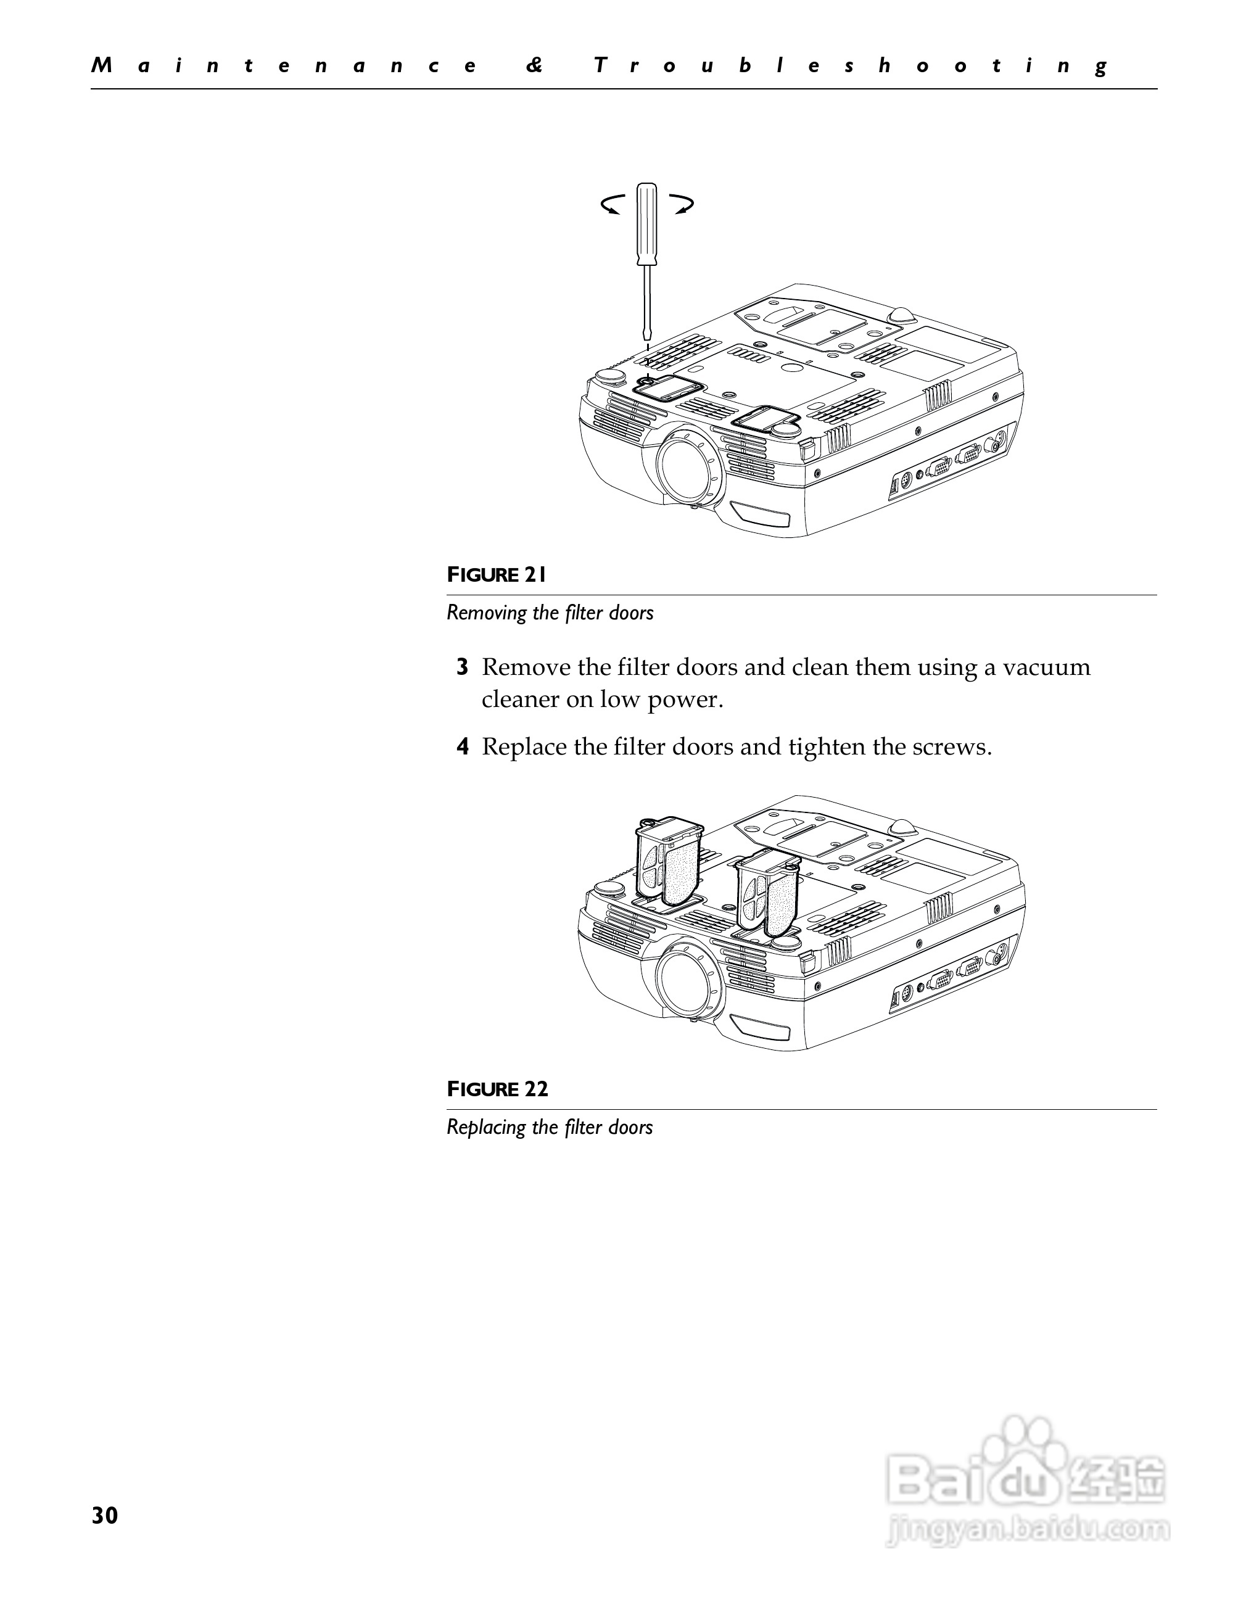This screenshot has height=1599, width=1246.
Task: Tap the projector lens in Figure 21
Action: [687, 465]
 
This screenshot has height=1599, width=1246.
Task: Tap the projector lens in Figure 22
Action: [686, 979]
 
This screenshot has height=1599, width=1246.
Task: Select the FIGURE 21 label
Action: [497, 575]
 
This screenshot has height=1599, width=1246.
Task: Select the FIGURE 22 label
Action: [497, 1089]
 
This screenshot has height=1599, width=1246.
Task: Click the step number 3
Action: [462, 667]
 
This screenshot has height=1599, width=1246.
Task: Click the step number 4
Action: [462, 747]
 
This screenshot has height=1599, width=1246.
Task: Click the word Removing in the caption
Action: [487, 612]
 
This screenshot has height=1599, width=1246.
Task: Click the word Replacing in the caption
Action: [487, 1127]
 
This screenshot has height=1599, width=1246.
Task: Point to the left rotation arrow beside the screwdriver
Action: [613, 204]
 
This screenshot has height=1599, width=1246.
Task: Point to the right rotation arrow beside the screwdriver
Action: [682, 204]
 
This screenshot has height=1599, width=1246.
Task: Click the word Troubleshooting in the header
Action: [851, 66]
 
